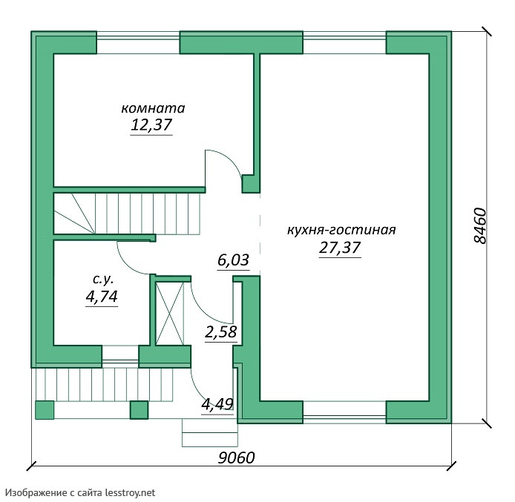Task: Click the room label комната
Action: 153,108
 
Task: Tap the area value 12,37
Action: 151,125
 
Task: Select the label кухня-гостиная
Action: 341,230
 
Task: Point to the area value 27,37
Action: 340,248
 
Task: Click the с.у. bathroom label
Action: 103,280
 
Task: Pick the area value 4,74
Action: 102,297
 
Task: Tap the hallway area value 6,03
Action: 233,260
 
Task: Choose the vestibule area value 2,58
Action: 220,332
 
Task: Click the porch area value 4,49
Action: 217,405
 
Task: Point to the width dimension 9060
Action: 237,458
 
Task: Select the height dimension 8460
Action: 481,225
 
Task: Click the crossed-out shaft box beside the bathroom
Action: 169,314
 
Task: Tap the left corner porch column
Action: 45,410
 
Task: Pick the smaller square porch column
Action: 139,410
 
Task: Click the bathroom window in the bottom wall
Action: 120,357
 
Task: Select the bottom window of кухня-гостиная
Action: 344,412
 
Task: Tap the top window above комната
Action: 138,42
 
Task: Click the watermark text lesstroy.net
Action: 130,492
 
